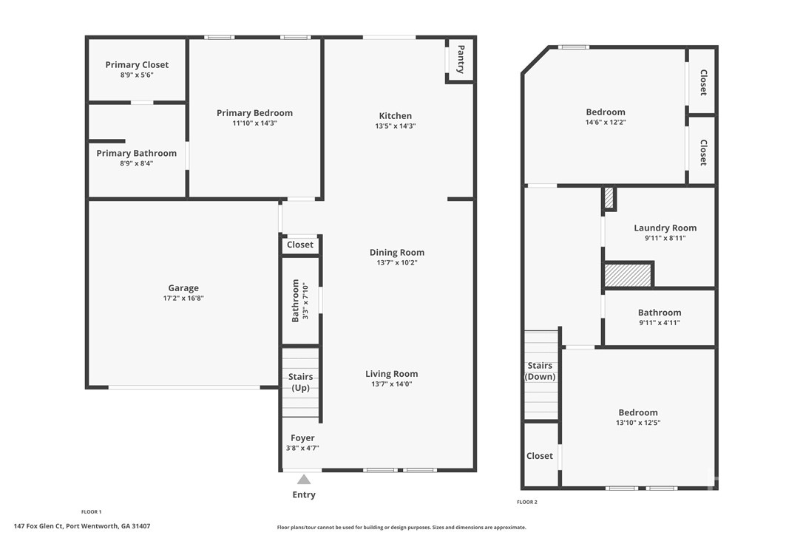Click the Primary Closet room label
[137, 65]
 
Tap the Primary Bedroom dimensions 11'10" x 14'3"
[254, 123]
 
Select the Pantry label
[460, 60]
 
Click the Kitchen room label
[396, 116]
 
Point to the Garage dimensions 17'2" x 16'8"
[183, 299]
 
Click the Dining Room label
[397, 253]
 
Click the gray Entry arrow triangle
[304, 480]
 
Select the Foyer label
[302, 438]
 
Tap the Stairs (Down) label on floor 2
[540, 371]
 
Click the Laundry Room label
[665, 228]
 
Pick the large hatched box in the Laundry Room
[628, 275]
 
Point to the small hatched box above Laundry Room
[609, 198]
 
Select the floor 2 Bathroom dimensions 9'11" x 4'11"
[660, 323]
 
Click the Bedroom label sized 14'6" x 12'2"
[606, 112]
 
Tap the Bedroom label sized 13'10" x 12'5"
[638, 413]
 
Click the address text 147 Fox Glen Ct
[81, 526]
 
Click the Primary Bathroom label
[137, 154]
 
